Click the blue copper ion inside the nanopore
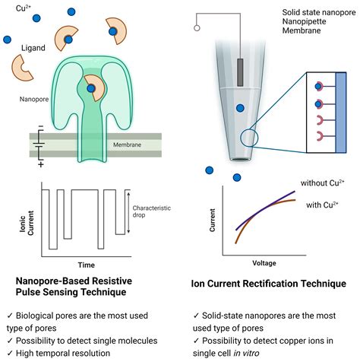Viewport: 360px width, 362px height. coord(91,89)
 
